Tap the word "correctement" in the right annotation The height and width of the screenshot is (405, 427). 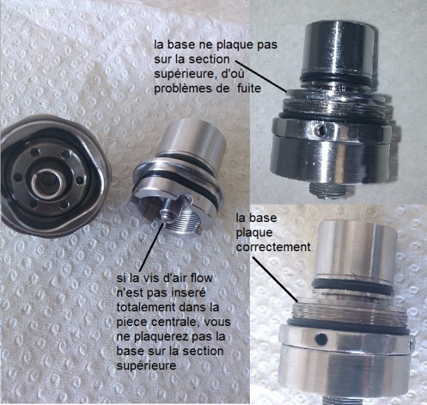pyautogui.click(x=273, y=247)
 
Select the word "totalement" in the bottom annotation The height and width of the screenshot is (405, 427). pyautogui.click(x=145, y=307)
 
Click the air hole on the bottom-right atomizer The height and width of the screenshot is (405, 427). pyautogui.click(x=322, y=339)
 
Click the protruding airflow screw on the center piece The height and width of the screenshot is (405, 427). pyautogui.click(x=174, y=207)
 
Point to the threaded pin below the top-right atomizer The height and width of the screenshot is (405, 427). pyautogui.click(x=327, y=191)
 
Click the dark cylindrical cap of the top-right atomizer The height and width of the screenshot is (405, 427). pyautogui.click(x=337, y=49)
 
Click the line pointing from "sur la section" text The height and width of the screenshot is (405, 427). pyautogui.click(x=261, y=76)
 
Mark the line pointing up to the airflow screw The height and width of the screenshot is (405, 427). pyautogui.click(x=152, y=246)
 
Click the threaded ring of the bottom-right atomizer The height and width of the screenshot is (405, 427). pyautogui.click(x=348, y=314)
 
